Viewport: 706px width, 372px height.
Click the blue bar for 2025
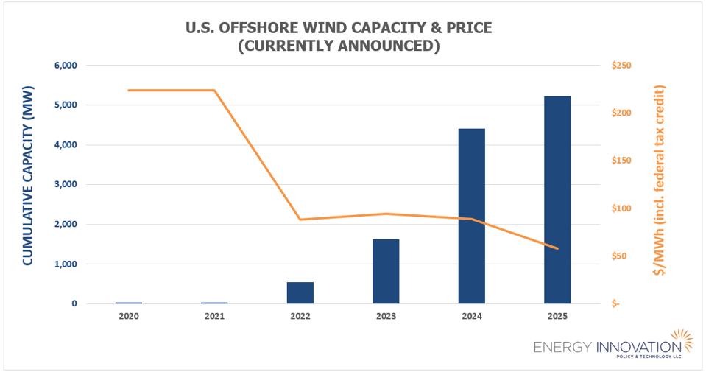click(557, 200)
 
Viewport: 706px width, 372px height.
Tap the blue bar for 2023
click(386, 271)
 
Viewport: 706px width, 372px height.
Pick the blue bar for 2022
click(300, 292)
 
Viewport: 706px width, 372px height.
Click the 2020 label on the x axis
click(129, 316)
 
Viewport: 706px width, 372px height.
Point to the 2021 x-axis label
click(214, 316)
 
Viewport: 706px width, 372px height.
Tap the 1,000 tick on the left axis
click(66, 264)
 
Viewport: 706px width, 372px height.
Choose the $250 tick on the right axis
click(621, 66)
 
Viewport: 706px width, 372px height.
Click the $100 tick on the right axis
click(621, 208)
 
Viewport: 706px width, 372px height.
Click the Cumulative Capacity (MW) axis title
click(27, 184)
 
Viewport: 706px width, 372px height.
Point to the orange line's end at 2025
click(557, 248)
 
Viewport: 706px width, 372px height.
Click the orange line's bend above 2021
click(214, 91)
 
